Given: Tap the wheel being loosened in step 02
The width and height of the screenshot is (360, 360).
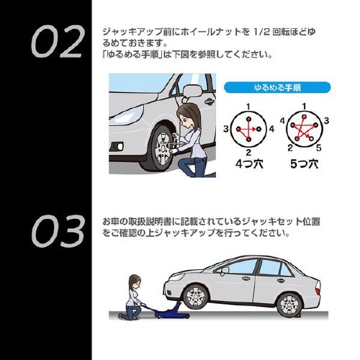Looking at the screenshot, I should click(156, 145).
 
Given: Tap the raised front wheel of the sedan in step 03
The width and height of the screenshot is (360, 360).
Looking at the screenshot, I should click(194, 296).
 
